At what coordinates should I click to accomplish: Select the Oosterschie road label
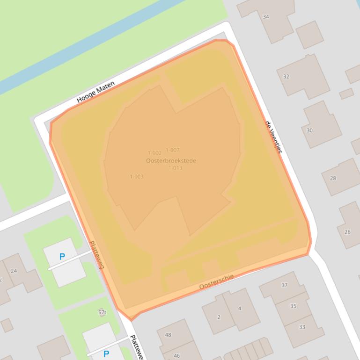click(216, 281)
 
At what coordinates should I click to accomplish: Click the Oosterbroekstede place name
click(171, 161)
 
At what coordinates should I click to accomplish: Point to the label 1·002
click(154, 153)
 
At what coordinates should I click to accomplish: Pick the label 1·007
click(172, 150)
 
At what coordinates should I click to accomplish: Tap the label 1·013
click(175, 168)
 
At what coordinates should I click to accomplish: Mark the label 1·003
click(137, 177)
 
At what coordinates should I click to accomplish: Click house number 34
click(266, 17)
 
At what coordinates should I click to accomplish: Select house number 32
click(286, 77)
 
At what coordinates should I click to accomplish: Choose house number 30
click(309, 130)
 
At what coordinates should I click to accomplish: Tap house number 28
click(333, 178)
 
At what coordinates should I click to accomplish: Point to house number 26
click(347, 232)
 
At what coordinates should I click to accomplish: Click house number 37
click(284, 285)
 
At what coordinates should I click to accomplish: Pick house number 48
click(168, 335)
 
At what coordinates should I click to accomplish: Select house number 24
click(14, 271)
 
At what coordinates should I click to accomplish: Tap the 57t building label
click(102, 312)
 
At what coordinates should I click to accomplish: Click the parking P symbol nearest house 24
click(62, 257)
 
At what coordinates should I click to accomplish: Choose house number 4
click(240, 308)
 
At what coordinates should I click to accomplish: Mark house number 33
click(302, 327)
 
